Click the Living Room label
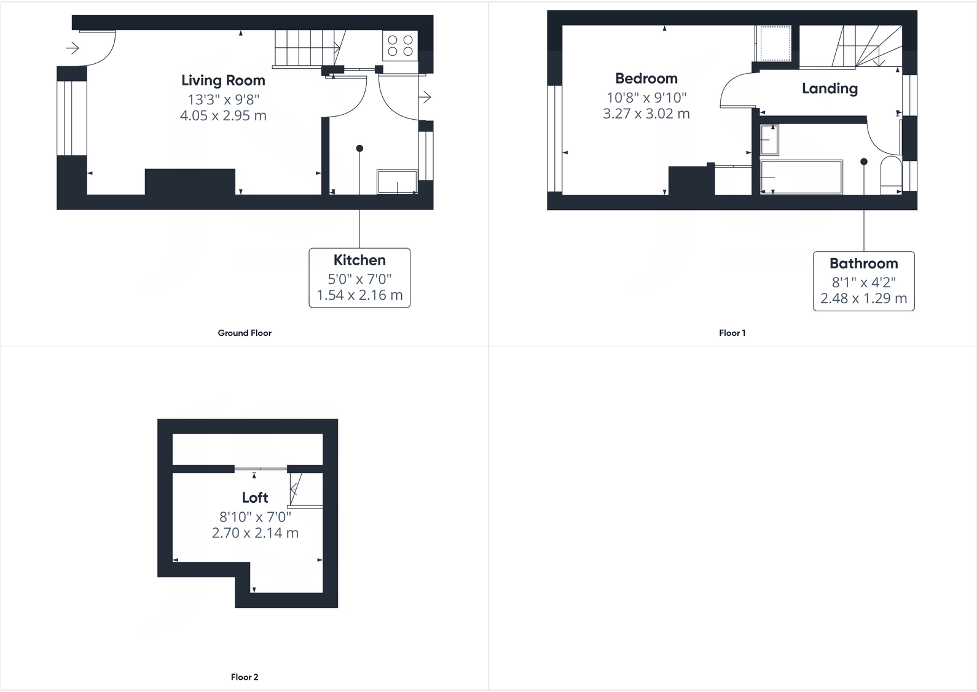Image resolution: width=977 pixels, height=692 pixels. (x=223, y=80)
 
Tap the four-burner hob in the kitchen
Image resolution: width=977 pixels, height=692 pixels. (x=400, y=46)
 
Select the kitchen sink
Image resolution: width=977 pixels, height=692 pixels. (x=398, y=182)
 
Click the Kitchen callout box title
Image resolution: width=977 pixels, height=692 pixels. (x=359, y=260)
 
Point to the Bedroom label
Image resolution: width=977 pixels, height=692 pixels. (x=646, y=79)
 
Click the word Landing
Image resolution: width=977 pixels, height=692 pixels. (x=830, y=88)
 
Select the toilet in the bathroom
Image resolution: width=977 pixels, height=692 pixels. (x=890, y=176)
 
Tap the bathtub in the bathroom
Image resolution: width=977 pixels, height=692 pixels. (x=801, y=177)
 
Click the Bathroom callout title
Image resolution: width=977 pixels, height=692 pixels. (x=863, y=264)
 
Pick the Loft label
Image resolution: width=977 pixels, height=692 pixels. (x=255, y=497)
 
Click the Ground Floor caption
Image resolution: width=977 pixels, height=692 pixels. (x=245, y=333)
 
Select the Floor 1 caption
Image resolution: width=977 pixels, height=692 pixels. (x=732, y=333)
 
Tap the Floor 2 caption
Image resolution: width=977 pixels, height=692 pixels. (x=245, y=677)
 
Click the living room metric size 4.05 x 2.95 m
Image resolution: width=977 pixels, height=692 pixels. (x=223, y=115)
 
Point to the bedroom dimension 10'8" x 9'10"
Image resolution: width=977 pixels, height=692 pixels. (x=646, y=98)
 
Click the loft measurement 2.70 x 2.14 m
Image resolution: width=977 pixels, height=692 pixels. (x=255, y=533)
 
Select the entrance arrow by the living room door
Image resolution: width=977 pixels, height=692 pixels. (x=73, y=48)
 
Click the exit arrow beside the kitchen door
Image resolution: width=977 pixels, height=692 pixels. (x=425, y=97)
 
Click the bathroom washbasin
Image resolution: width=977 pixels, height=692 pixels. (x=770, y=139)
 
